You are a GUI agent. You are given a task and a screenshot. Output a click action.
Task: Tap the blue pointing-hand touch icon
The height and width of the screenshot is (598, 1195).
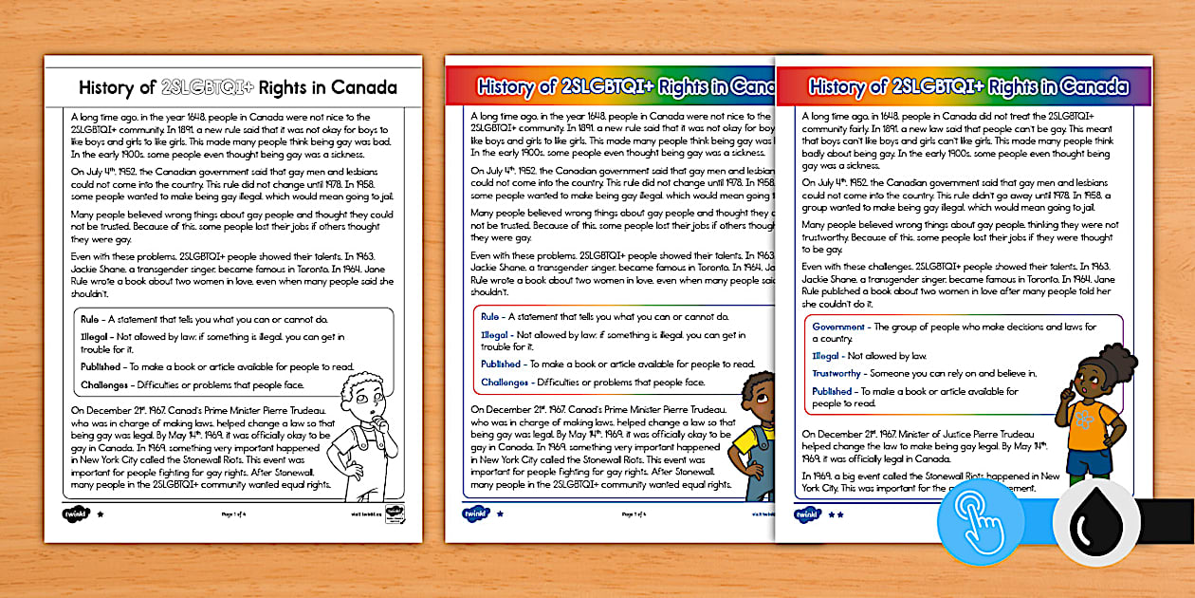980,522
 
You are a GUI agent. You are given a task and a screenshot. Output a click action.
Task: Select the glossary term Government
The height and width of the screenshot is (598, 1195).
838,327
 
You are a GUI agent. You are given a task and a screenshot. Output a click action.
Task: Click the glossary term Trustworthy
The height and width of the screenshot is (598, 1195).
836,374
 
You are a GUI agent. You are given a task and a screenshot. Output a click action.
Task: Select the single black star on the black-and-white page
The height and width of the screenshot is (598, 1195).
101,514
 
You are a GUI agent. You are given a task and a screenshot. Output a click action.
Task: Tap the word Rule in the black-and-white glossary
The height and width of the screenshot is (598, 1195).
90,319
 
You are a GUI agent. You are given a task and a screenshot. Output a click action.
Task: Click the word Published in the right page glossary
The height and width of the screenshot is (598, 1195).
832,391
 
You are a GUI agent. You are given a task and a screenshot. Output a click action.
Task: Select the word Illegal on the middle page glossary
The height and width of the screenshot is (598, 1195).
494,335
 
